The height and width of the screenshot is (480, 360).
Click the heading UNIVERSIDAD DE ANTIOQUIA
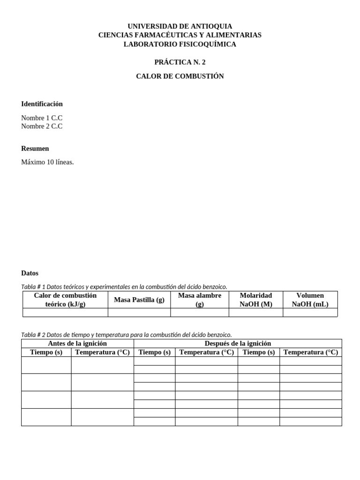click(x=180, y=26)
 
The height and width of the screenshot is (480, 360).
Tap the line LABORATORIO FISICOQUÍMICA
click(x=180, y=44)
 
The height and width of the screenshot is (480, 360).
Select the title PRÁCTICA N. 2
click(x=180, y=62)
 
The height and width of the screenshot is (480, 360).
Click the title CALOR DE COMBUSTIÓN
click(x=180, y=76)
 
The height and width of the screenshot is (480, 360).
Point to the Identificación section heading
click(x=42, y=104)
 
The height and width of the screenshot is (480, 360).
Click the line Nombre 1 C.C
click(x=42, y=118)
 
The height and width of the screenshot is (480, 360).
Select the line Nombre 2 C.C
click(x=42, y=126)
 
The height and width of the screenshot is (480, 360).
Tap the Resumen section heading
click(x=35, y=148)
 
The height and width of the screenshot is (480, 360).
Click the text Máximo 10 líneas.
click(x=47, y=162)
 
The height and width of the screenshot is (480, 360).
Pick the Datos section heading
click(x=30, y=273)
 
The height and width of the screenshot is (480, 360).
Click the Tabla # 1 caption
click(x=124, y=286)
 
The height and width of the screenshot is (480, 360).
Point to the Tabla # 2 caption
click(x=127, y=335)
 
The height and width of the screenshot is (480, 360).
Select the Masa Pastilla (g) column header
click(x=139, y=300)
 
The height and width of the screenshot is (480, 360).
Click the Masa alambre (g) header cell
click(x=200, y=300)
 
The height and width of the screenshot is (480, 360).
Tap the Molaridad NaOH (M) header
click(x=255, y=300)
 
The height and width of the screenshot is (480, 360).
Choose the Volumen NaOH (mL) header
click(x=310, y=300)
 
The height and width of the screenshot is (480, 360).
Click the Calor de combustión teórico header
click(x=65, y=300)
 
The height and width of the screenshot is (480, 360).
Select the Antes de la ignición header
click(x=77, y=344)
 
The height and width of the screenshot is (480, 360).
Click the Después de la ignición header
click(x=238, y=344)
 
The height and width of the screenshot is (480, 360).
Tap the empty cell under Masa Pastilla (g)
click(x=139, y=313)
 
